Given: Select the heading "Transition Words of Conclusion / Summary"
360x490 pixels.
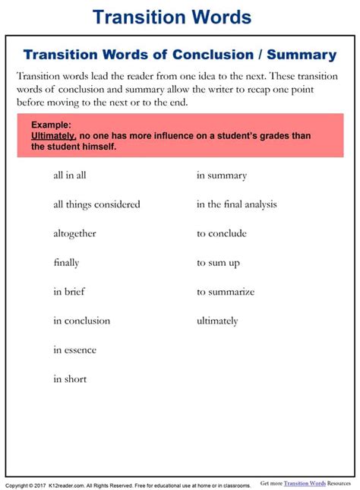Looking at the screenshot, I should click(180, 55).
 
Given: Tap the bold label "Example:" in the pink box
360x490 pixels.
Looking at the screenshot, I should click(51, 124).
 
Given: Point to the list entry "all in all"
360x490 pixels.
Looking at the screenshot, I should click(69, 175).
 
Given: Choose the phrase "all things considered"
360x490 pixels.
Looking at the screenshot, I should click(96, 204).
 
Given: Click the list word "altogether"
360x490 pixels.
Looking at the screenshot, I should click(74, 233).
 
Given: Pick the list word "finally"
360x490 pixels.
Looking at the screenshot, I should click(66, 263).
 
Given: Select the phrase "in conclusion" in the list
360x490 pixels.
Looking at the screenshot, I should click(81, 321).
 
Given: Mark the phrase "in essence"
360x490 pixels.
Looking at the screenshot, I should click(74, 350).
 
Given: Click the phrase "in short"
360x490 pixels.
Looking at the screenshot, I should click(70, 379).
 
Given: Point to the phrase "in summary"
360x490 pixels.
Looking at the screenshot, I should click(222, 175).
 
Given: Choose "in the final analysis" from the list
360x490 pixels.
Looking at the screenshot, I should click(237, 204).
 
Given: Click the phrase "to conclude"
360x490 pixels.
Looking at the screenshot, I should click(222, 233).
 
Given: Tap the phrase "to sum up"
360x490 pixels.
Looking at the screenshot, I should click(218, 263).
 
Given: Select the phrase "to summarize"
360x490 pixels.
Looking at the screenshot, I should click(226, 292).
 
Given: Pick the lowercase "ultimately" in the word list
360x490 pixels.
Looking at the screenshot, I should click(217, 321).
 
